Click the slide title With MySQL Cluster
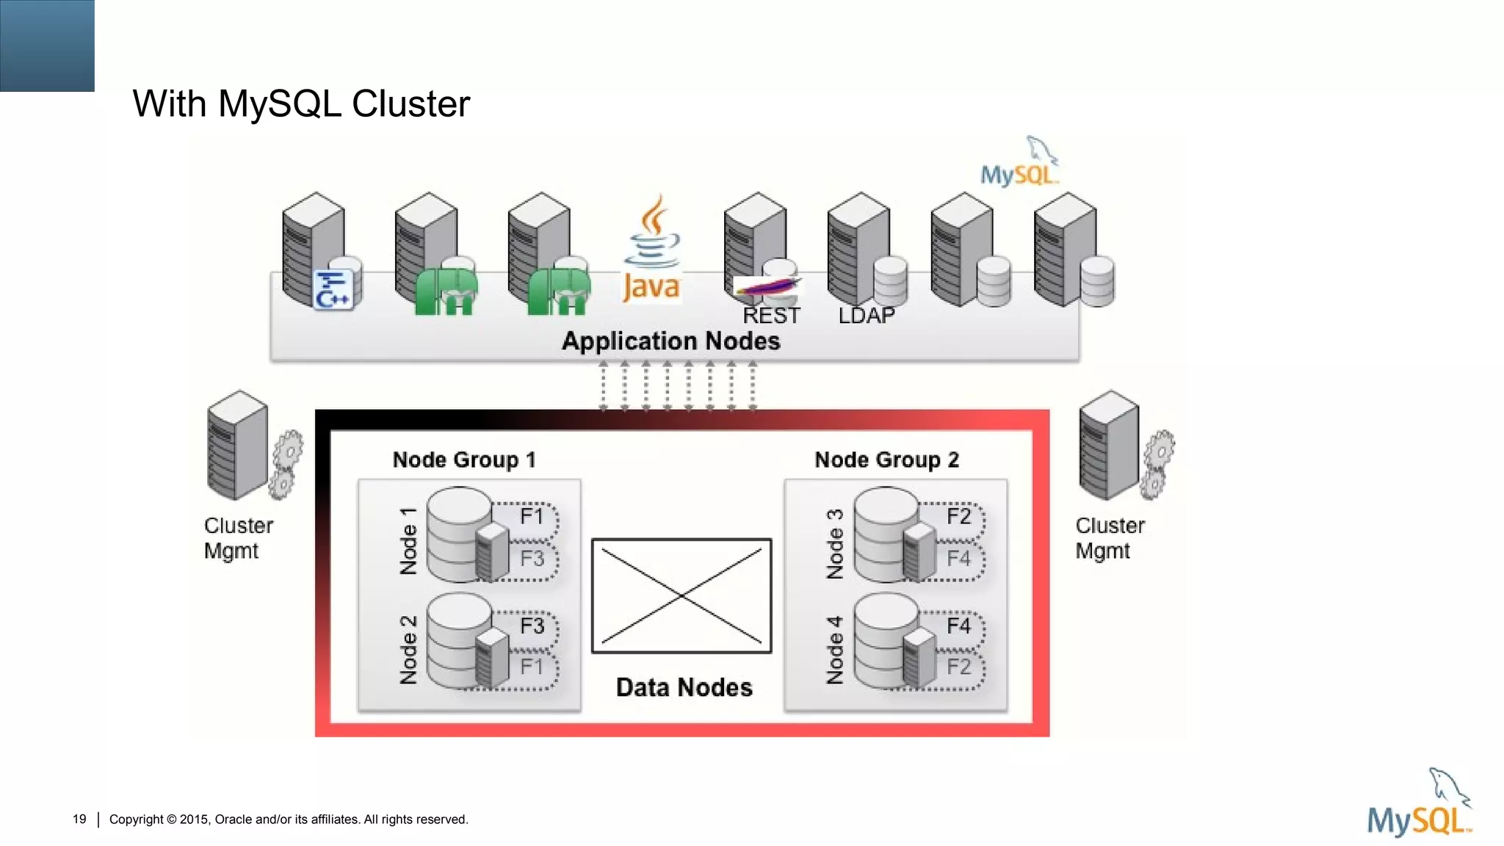click(x=301, y=104)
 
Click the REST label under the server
click(x=771, y=316)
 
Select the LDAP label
click(x=867, y=316)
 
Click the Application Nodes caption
click(x=670, y=341)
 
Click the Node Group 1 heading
click(x=464, y=460)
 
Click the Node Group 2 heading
click(x=886, y=460)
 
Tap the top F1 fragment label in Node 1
click(x=532, y=516)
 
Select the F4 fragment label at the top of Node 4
click(x=958, y=626)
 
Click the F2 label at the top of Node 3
click(x=958, y=516)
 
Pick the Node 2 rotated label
click(x=408, y=650)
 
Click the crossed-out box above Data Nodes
click(x=681, y=596)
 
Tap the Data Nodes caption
click(x=684, y=687)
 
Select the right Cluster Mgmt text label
click(x=1110, y=538)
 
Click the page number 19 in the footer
click(x=79, y=819)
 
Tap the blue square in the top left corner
click(x=47, y=46)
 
